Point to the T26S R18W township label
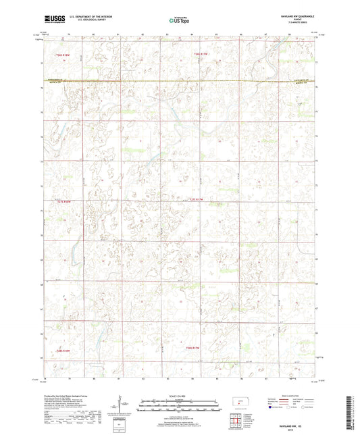point(63,54)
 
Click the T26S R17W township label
point(194,54)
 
